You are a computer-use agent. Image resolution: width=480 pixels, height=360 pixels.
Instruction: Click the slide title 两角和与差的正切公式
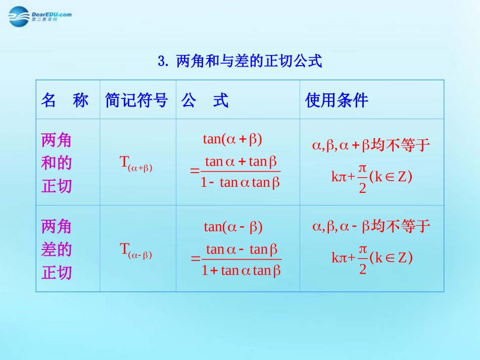pos(249,62)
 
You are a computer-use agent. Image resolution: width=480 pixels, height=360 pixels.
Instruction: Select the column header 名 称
pos(65,100)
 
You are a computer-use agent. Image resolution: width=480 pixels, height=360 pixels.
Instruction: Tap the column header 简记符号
pos(136,100)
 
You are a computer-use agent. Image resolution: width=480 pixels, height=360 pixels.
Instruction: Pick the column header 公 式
pos(205,100)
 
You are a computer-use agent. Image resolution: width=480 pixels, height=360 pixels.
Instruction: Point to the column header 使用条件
pos(337,100)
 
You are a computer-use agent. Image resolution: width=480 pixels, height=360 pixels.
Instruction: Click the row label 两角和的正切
pos(57,163)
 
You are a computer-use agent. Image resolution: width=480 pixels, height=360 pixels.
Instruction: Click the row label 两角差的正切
pos(57,249)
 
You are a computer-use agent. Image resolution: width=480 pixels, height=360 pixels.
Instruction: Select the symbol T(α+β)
pos(136,163)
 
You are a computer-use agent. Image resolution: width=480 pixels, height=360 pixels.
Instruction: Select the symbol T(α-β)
pos(136,249)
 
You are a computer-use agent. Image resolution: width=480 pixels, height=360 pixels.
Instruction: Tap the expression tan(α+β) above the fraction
pos(232,139)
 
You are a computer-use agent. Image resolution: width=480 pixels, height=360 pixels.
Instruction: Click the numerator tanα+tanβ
pos(242,162)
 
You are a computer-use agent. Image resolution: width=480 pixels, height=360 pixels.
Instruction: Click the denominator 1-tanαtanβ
pos(241,183)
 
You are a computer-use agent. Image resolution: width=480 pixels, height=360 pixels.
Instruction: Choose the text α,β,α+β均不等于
pos(371,146)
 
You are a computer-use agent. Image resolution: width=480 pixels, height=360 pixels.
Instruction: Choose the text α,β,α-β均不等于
pos(371,227)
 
